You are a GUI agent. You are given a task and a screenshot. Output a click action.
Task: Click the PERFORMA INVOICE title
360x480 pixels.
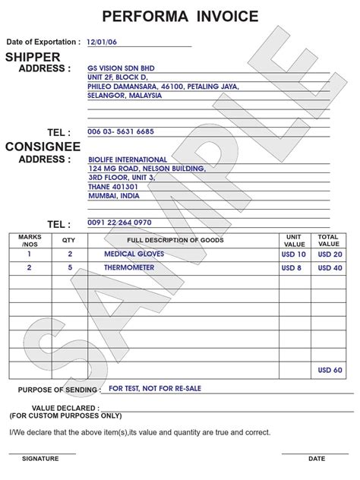(x=180, y=16)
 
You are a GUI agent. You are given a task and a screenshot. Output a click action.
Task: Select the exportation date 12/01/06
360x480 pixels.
(x=101, y=43)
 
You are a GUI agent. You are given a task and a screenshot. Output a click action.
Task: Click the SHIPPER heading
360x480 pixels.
(x=33, y=57)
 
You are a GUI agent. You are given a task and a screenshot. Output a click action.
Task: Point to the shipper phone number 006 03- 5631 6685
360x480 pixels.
(x=121, y=131)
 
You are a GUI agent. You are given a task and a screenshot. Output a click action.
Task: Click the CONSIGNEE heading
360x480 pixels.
(x=43, y=147)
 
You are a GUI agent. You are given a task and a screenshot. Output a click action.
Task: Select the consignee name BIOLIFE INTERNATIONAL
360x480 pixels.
(x=125, y=159)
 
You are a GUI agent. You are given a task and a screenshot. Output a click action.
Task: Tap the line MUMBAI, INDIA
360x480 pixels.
(x=114, y=195)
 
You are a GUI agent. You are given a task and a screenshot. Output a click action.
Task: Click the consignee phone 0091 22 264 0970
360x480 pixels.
(x=120, y=223)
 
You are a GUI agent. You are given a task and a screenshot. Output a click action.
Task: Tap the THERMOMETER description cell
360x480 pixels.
(x=129, y=268)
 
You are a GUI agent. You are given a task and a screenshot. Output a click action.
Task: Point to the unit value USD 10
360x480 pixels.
(x=293, y=254)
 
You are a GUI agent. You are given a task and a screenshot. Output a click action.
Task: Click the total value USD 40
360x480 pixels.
(x=330, y=268)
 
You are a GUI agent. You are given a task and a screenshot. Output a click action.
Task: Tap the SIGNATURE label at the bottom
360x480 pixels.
(x=40, y=459)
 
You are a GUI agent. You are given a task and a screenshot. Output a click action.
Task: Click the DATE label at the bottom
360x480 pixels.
(x=317, y=459)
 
